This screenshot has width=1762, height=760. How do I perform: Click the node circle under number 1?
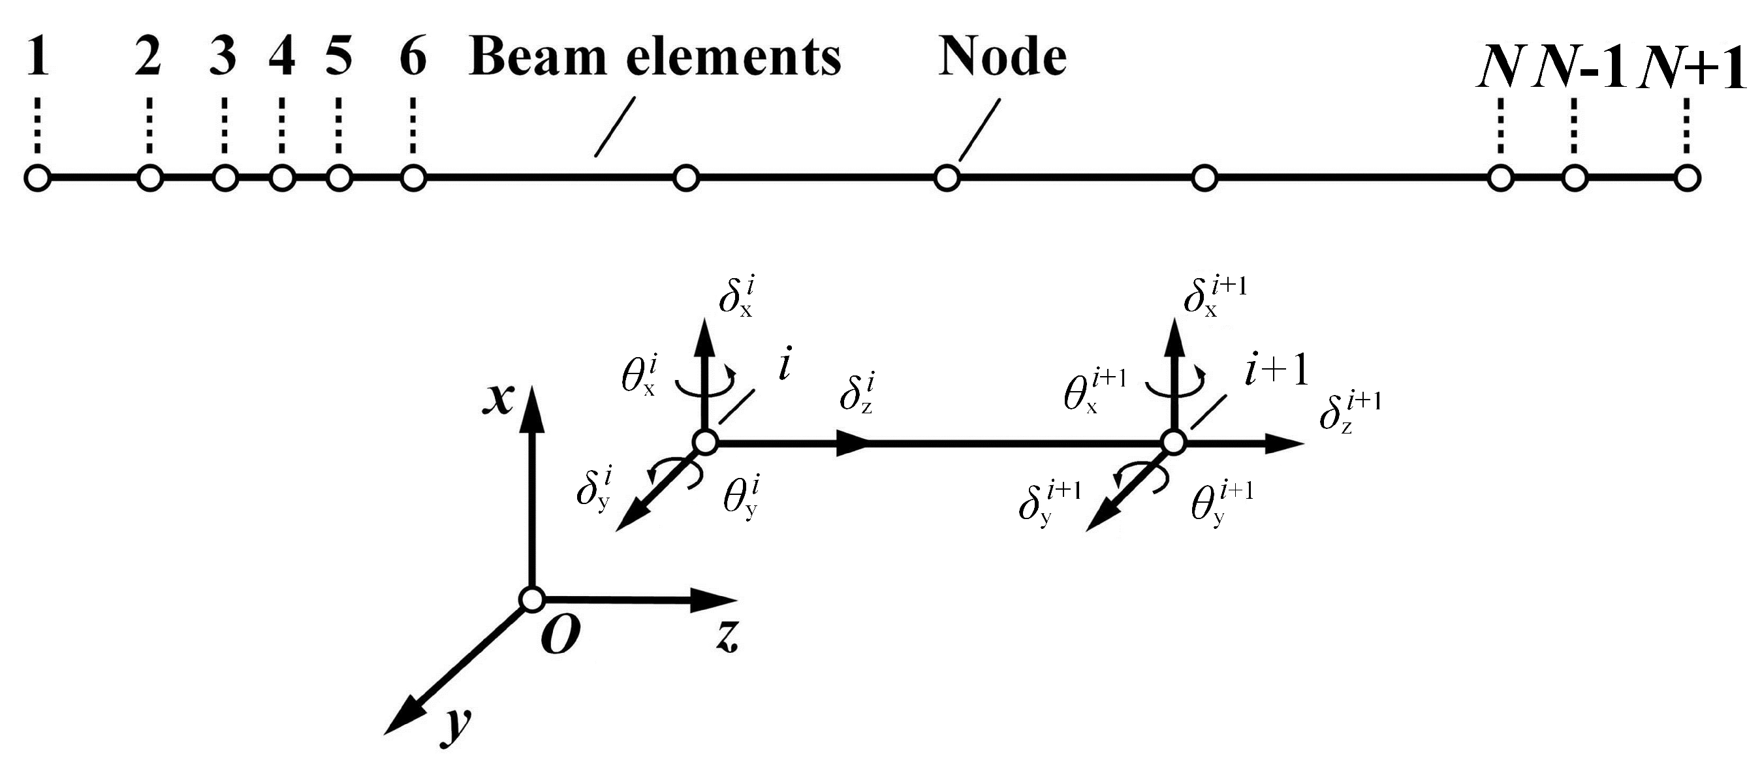(39, 178)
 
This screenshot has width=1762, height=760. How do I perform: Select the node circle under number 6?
(413, 178)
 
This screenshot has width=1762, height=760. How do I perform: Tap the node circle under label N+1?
(1687, 178)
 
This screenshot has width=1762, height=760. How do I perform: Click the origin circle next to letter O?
(531, 599)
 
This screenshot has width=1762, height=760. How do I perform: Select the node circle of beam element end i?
(704, 443)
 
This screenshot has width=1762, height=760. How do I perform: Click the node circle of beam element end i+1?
(1174, 443)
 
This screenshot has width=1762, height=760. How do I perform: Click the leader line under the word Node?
(979, 130)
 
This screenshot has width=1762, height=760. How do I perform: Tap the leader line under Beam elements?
(615, 127)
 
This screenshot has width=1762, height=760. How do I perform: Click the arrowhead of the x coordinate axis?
(531, 409)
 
